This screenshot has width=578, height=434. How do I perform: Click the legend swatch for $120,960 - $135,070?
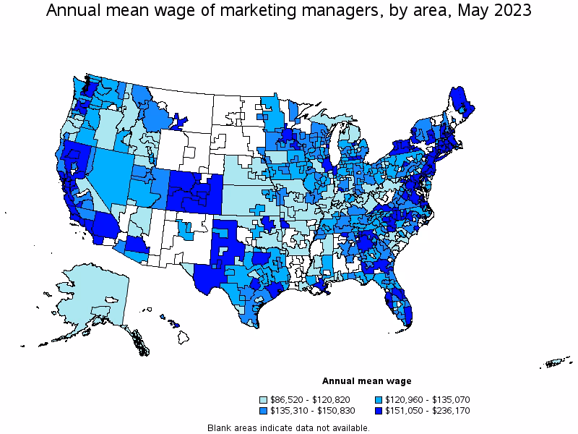(x=379, y=399)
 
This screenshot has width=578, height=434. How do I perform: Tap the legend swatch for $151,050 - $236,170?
(x=379, y=411)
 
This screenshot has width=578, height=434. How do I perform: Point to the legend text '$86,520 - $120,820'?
(x=309, y=399)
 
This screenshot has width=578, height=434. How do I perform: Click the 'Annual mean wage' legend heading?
(x=366, y=381)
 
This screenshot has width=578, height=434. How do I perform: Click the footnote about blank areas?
(x=288, y=427)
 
